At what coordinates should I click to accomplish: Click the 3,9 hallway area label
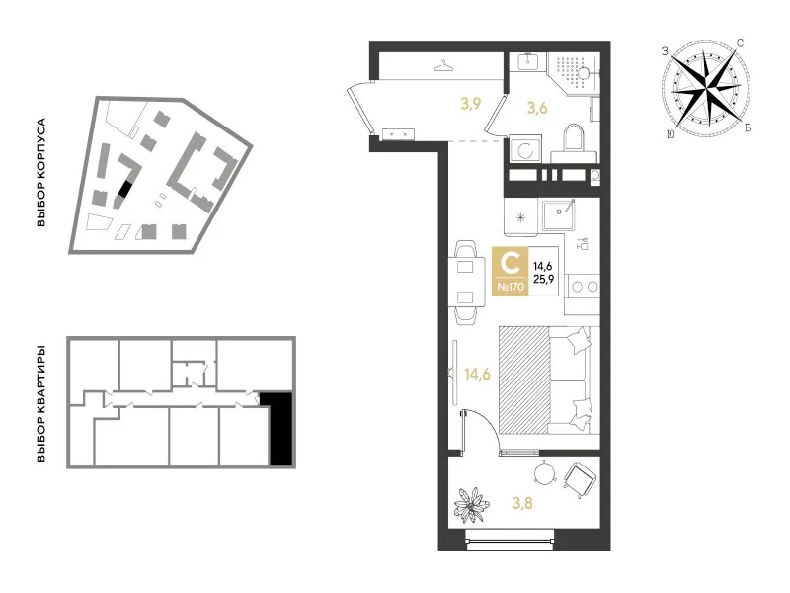tap(471, 104)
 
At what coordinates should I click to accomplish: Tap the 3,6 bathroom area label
tap(537, 108)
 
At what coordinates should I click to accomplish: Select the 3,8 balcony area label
tap(522, 503)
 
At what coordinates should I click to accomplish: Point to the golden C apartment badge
tap(511, 271)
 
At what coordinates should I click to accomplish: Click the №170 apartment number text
tap(511, 287)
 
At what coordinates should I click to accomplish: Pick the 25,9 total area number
tap(543, 278)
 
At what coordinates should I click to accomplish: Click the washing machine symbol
tap(525, 149)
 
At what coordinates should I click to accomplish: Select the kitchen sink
tap(559, 213)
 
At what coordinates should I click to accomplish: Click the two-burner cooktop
tap(584, 287)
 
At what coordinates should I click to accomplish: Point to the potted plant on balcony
tap(471, 504)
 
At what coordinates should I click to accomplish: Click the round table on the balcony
tap(544, 473)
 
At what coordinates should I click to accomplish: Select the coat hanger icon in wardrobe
tap(443, 66)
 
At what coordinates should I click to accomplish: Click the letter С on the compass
tap(739, 42)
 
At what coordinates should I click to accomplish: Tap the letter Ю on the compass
tap(671, 134)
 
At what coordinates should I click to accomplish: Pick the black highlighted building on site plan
tap(125, 189)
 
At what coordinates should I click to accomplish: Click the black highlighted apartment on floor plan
tap(277, 428)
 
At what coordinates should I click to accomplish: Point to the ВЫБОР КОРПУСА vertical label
tap(41, 172)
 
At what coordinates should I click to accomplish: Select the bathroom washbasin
tap(528, 62)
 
